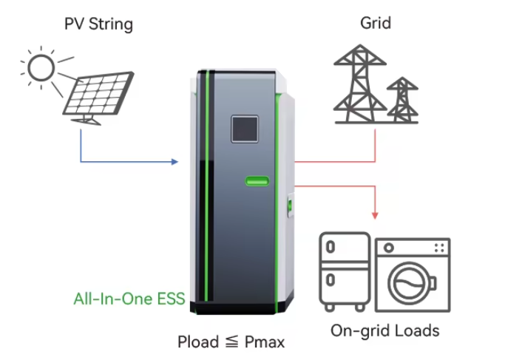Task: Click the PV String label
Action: pyautogui.click(x=98, y=24)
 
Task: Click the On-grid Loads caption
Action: pyautogui.click(x=384, y=330)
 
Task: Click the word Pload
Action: pyautogui.click(x=197, y=342)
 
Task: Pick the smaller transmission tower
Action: pyautogui.click(x=402, y=100)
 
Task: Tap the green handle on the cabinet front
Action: pyautogui.click(x=258, y=180)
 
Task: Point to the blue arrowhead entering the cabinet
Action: pyautogui.click(x=175, y=161)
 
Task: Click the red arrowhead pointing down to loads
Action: pyautogui.click(x=375, y=214)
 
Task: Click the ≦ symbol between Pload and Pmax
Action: pyautogui.click(x=232, y=342)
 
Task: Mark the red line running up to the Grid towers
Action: pyautogui.click(x=375, y=144)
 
